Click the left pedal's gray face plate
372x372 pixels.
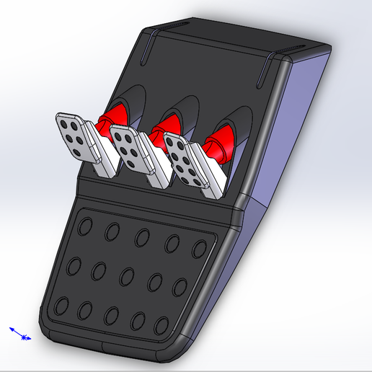tap(74, 137)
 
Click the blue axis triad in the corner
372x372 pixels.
tap(21, 334)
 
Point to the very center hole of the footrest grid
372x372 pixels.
tap(127, 275)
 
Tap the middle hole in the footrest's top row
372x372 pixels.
tap(142, 236)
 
